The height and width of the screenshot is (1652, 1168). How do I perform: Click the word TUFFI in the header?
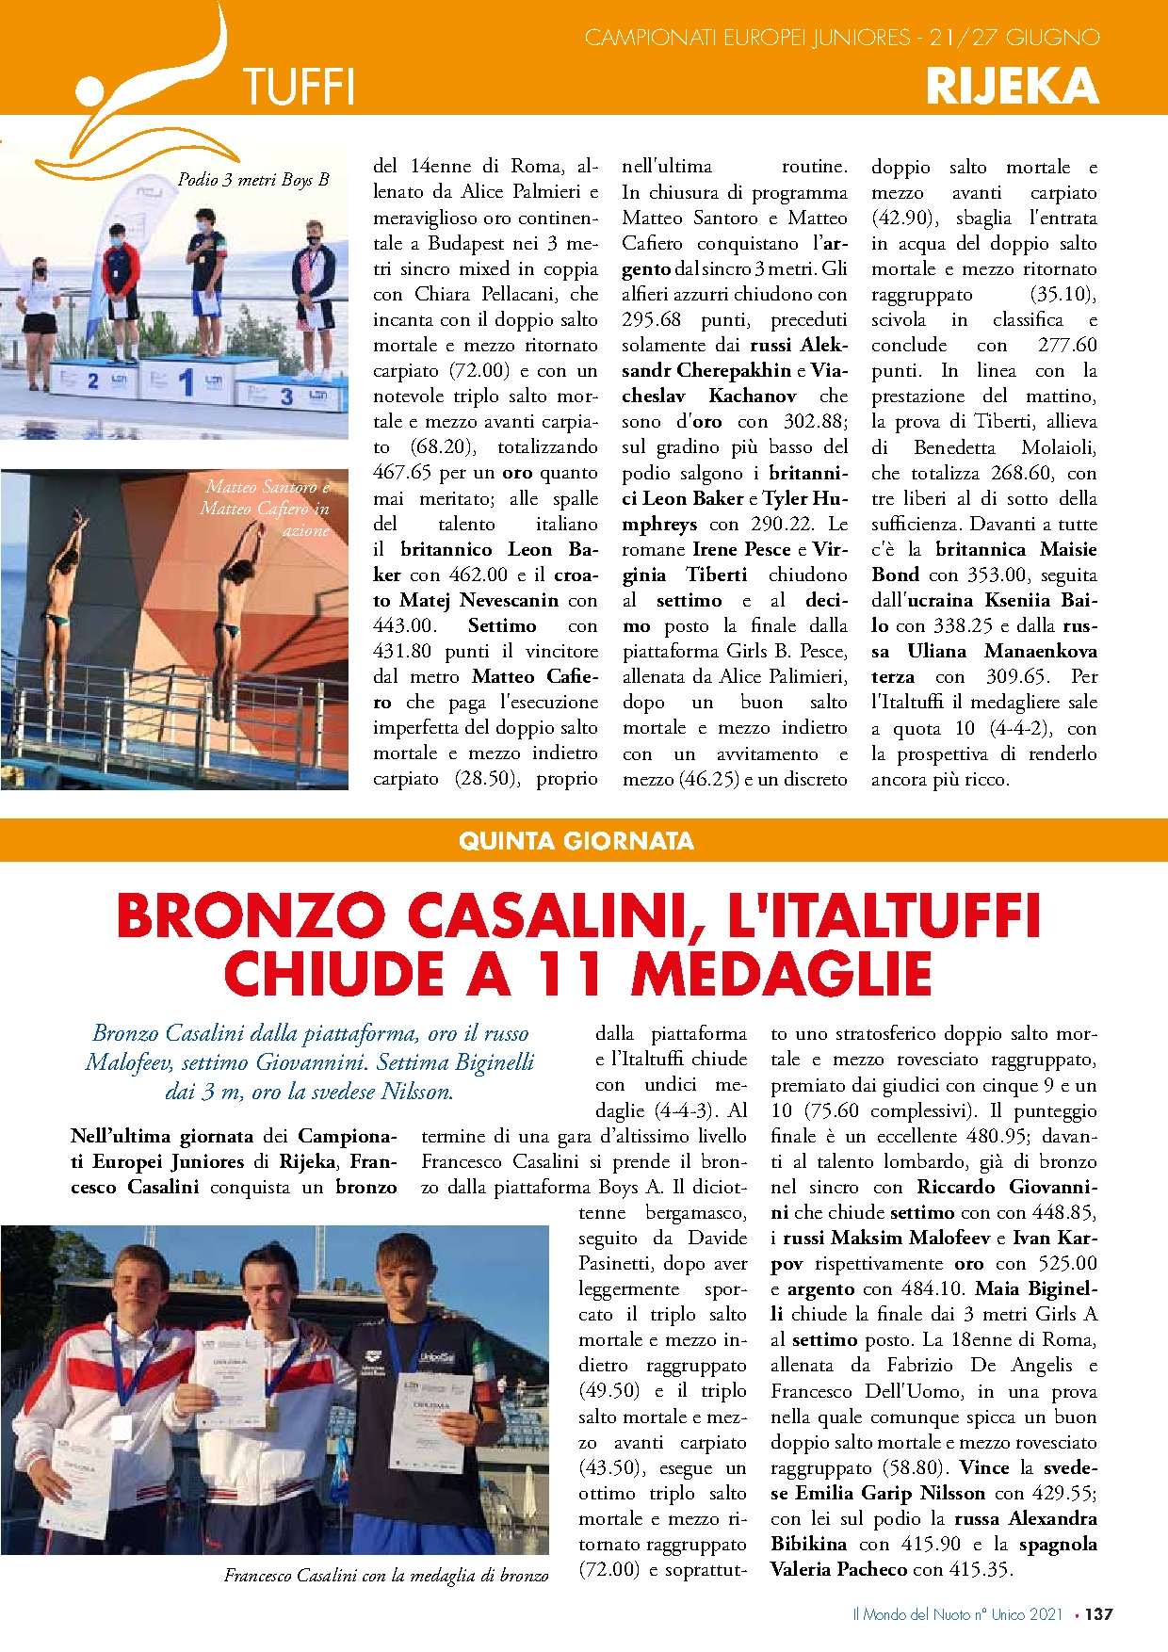[299, 87]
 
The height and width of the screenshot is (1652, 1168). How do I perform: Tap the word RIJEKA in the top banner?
[1013, 87]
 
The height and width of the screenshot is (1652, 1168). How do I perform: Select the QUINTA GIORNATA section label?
[576, 841]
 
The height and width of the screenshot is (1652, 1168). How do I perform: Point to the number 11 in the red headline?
[570, 974]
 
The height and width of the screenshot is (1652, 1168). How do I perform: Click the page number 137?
[1098, 1614]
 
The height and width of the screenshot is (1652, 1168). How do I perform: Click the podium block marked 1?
[187, 381]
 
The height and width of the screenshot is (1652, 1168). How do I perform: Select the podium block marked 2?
[92, 381]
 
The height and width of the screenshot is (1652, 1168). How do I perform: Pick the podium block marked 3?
[287, 397]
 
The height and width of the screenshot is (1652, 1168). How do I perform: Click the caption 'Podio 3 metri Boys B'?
[253, 180]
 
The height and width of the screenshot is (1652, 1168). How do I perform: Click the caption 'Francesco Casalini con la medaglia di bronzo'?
[386, 1575]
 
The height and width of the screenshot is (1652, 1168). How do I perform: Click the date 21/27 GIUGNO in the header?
[1014, 39]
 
